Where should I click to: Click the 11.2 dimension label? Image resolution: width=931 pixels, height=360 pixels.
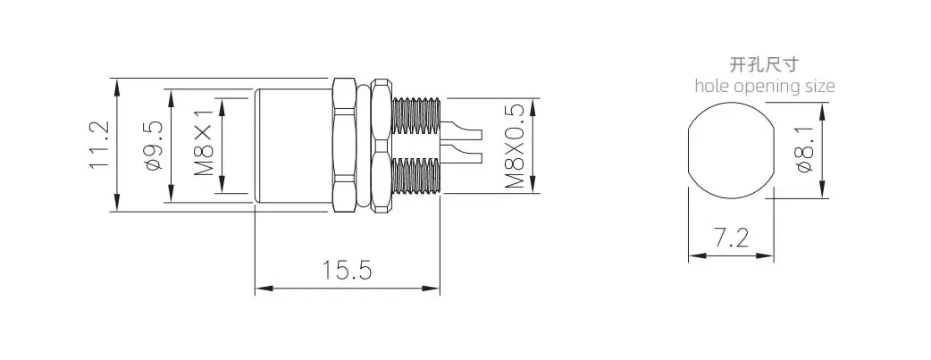[x=100, y=145]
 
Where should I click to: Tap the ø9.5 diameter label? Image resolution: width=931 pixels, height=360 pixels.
[x=153, y=146]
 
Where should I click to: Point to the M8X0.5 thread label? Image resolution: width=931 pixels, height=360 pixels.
[x=516, y=146]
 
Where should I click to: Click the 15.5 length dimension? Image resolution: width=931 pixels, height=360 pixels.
[x=348, y=271]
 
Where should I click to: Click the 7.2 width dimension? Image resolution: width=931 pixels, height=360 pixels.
[x=732, y=239]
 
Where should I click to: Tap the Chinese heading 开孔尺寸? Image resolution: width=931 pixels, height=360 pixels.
[x=764, y=64]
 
